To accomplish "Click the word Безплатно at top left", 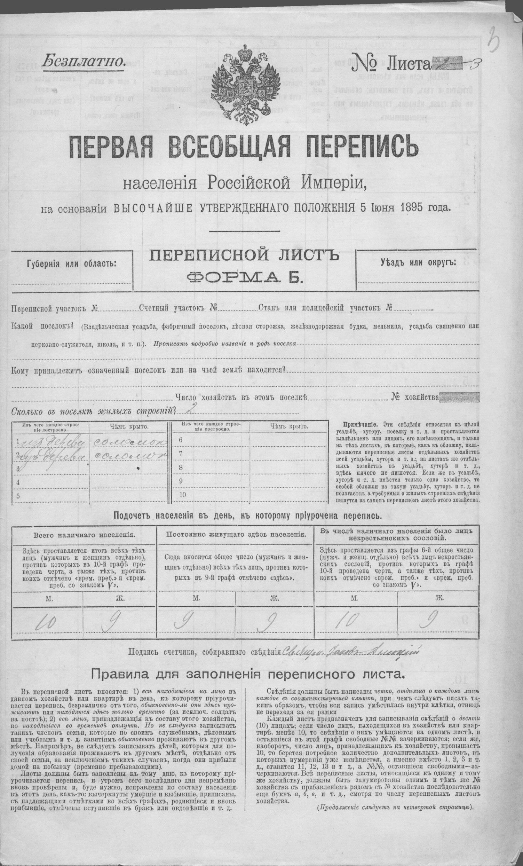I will (83, 62).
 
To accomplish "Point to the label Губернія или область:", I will (71, 264).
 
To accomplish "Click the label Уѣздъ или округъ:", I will (418, 262).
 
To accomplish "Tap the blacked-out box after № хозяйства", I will (459, 397).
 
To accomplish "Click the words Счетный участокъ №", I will (179, 309).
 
